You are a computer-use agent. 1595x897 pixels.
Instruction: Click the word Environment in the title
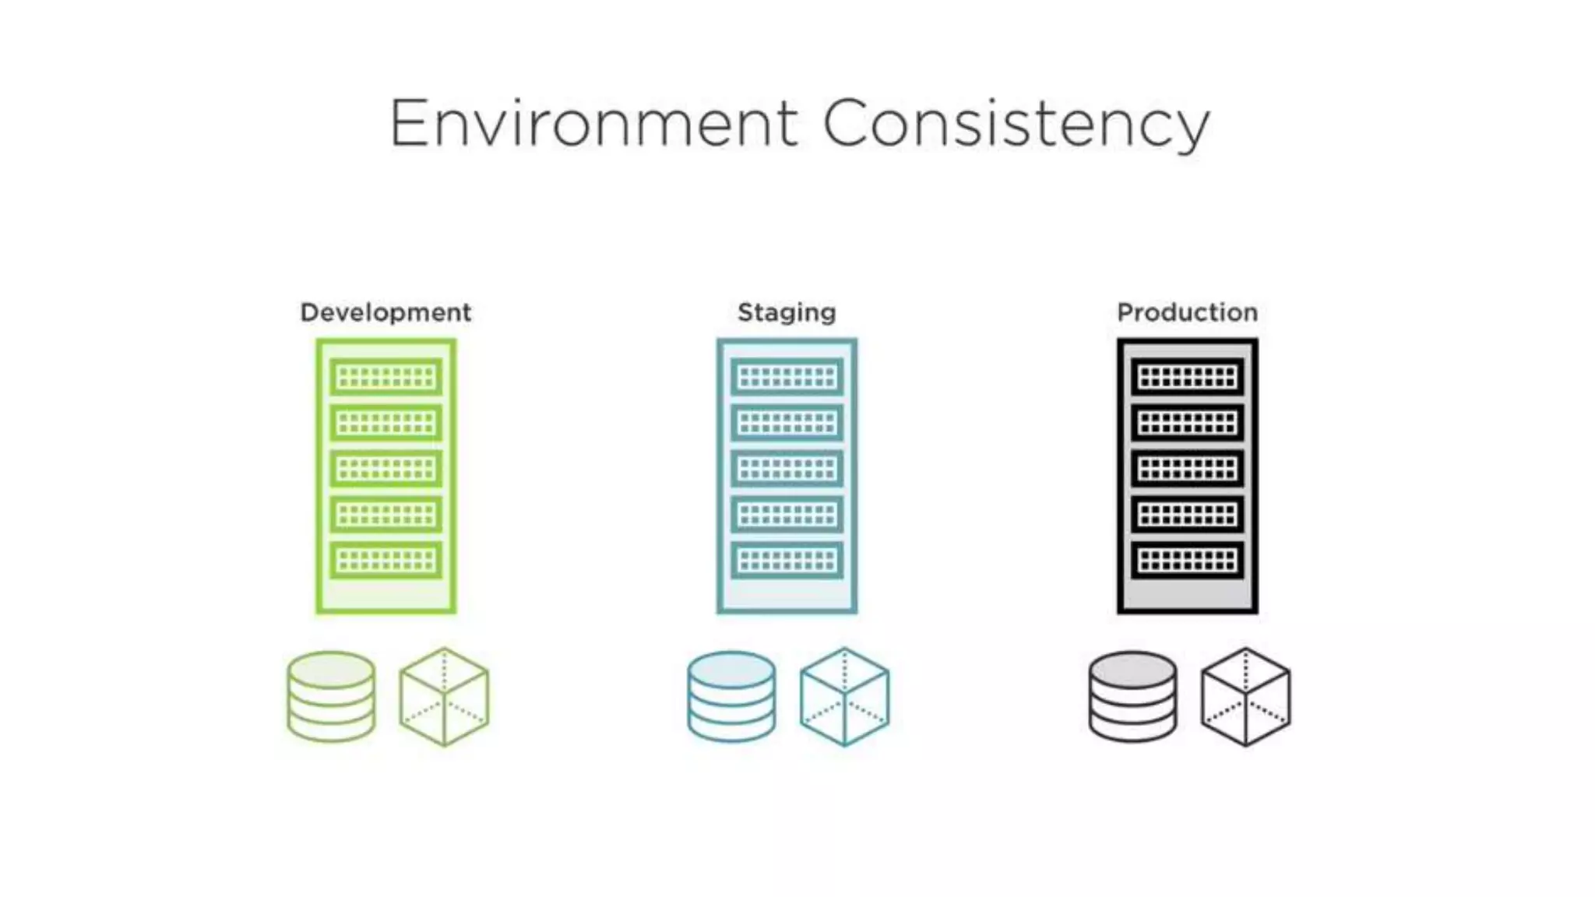click(x=593, y=123)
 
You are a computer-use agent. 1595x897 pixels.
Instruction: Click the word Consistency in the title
click(x=1016, y=125)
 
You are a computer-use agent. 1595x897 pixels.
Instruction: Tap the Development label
click(x=386, y=312)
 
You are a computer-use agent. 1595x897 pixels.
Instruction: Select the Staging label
click(x=787, y=312)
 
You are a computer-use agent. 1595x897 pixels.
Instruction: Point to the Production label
click(x=1187, y=312)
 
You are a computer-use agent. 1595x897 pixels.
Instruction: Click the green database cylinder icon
click(x=331, y=696)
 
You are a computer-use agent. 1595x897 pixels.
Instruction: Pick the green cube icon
click(x=444, y=697)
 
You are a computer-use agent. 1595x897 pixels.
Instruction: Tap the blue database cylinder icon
click(x=731, y=696)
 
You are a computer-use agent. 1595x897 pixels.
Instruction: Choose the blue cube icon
click(x=844, y=697)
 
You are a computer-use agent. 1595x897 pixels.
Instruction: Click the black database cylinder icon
click(x=1132, y=696)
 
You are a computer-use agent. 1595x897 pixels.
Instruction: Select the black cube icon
click(x=1245, y=697)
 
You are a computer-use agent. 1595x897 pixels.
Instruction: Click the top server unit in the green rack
click(x=386, y=377)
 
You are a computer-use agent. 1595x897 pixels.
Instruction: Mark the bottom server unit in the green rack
click(x=386, y=560)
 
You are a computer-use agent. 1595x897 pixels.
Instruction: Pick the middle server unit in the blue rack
click(x=787, y=469)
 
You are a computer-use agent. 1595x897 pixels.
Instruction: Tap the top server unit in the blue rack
click(x=787, y=377)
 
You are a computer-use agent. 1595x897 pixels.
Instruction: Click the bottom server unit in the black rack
click(x=1187, y=560)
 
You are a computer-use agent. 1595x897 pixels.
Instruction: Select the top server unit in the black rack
click(x=1187, y=377)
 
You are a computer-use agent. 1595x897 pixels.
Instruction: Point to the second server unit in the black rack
click(x=1187, y=423)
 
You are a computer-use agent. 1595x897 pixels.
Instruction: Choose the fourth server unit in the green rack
click(x=386, y=514)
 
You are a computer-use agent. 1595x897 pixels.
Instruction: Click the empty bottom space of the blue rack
click(x=787, y=594)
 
